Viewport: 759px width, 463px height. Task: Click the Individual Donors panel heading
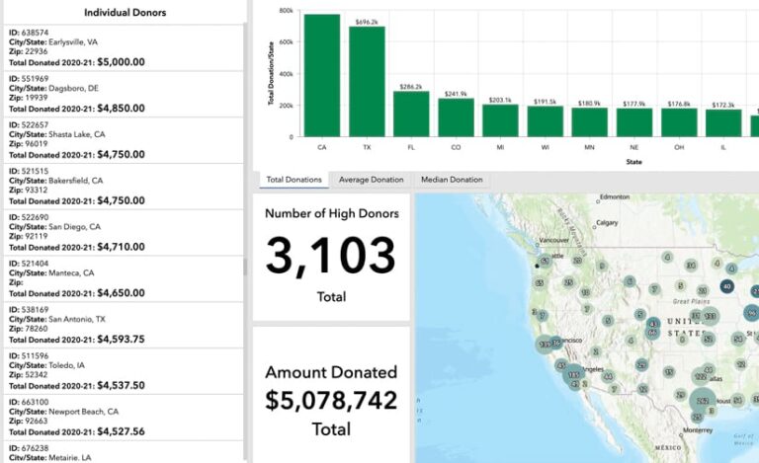tap(125, 13)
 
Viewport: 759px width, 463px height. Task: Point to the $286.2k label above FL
tap(410, 87)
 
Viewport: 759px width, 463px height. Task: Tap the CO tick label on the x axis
tap(456, 146)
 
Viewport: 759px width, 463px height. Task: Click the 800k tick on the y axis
tap(286, 11)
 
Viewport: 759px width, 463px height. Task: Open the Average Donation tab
tap(371, 180)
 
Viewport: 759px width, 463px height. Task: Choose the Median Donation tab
tap(452, 180)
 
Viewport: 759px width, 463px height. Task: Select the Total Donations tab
tap(295, 180)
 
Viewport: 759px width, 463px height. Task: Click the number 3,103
tap(331, 256)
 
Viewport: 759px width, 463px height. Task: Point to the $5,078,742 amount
tap(331, 400)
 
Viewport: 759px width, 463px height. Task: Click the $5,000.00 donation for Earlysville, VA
tap(120, 61)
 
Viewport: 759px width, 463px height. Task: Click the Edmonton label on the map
tap(614, 196)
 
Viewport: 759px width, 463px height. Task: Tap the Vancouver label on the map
tap(556, 240)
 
